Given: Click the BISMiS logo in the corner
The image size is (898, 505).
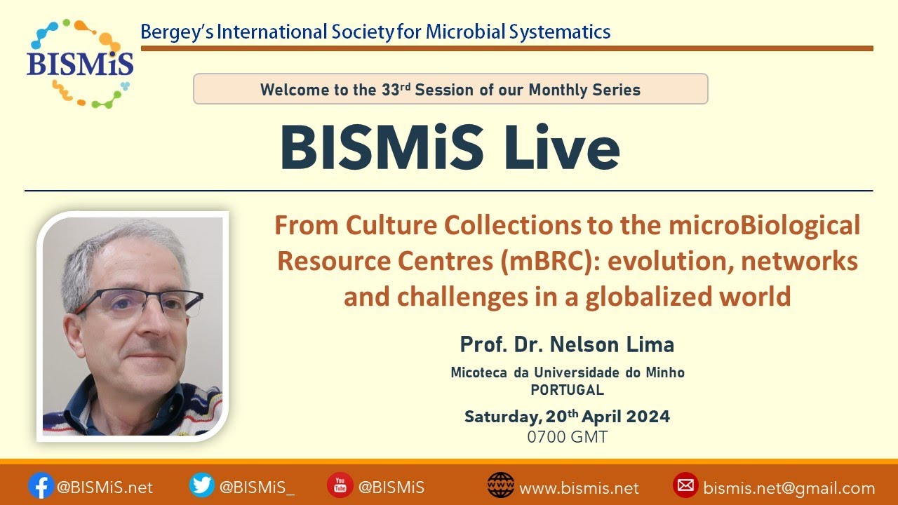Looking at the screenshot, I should (x=79, y=62).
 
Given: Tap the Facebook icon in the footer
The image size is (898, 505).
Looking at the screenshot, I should (x=41, y=485).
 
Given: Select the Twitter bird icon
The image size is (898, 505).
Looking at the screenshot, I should (x=202, y=485).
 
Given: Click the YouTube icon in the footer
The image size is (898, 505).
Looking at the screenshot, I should (x=340, y=485).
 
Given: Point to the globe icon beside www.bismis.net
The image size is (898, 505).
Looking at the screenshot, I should (x=500, y=485).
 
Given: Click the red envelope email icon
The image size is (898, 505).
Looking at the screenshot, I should (x=685, y=485).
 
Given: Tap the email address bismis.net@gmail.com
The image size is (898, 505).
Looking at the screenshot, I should (x=789, y=488).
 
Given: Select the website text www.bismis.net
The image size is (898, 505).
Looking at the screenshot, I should (x=579, y=488).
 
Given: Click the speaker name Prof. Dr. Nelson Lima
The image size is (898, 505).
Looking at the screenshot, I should (x=567, y=344).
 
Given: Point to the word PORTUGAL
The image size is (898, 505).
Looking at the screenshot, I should (x=567, y=390).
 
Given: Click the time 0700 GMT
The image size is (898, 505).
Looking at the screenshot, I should (x=567, y=437).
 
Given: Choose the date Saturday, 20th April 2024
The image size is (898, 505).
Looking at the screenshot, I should (x=567, y=417).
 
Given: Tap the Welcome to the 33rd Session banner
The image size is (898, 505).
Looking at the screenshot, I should (x=450, y=89).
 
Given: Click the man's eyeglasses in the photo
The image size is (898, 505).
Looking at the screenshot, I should (x=144, y=302).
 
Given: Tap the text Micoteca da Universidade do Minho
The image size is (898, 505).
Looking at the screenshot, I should (x=567, y=373).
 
